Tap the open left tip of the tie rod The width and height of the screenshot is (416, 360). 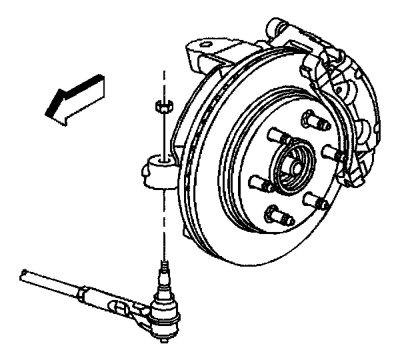pos(24,273)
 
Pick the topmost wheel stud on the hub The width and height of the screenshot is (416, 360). pos(313,121)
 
